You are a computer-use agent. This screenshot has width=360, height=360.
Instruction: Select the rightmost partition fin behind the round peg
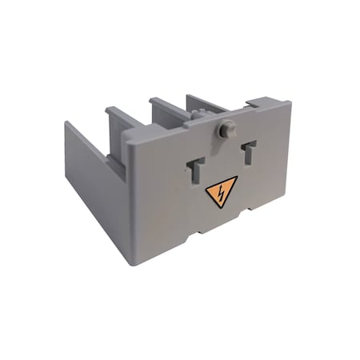click(203, 102)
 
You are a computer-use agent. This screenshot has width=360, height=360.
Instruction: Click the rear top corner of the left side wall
click(66, 122)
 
